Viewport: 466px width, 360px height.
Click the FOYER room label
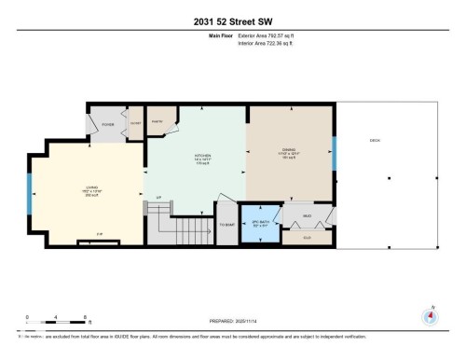pyautogui.click(x=107, y=122)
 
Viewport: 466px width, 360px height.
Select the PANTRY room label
pyautogui.click(x=156, y=121)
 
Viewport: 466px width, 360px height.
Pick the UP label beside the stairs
pyautogui.click(x=158, y=198)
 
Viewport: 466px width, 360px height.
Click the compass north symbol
pyautogui.click(x=430, y=315)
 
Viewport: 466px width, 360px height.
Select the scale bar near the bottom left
pyautogui.click(x=56, y=325)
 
